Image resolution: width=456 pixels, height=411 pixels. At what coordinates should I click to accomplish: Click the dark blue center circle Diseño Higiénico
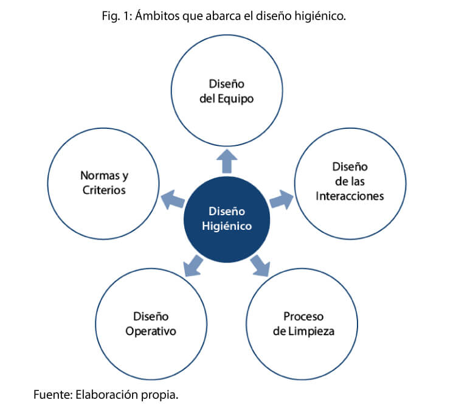(x=227, y=219)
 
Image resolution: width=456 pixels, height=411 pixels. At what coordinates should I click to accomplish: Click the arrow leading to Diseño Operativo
(x=193, y=263)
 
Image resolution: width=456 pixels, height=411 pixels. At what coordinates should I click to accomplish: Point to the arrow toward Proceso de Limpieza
(x=260, y=263)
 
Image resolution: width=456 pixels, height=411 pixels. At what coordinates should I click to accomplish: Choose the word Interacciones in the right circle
(x=350, y=196)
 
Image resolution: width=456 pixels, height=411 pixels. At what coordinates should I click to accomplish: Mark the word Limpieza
(x=312, y=331)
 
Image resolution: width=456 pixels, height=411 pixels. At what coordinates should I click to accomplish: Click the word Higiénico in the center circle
(x=227, y=226)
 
